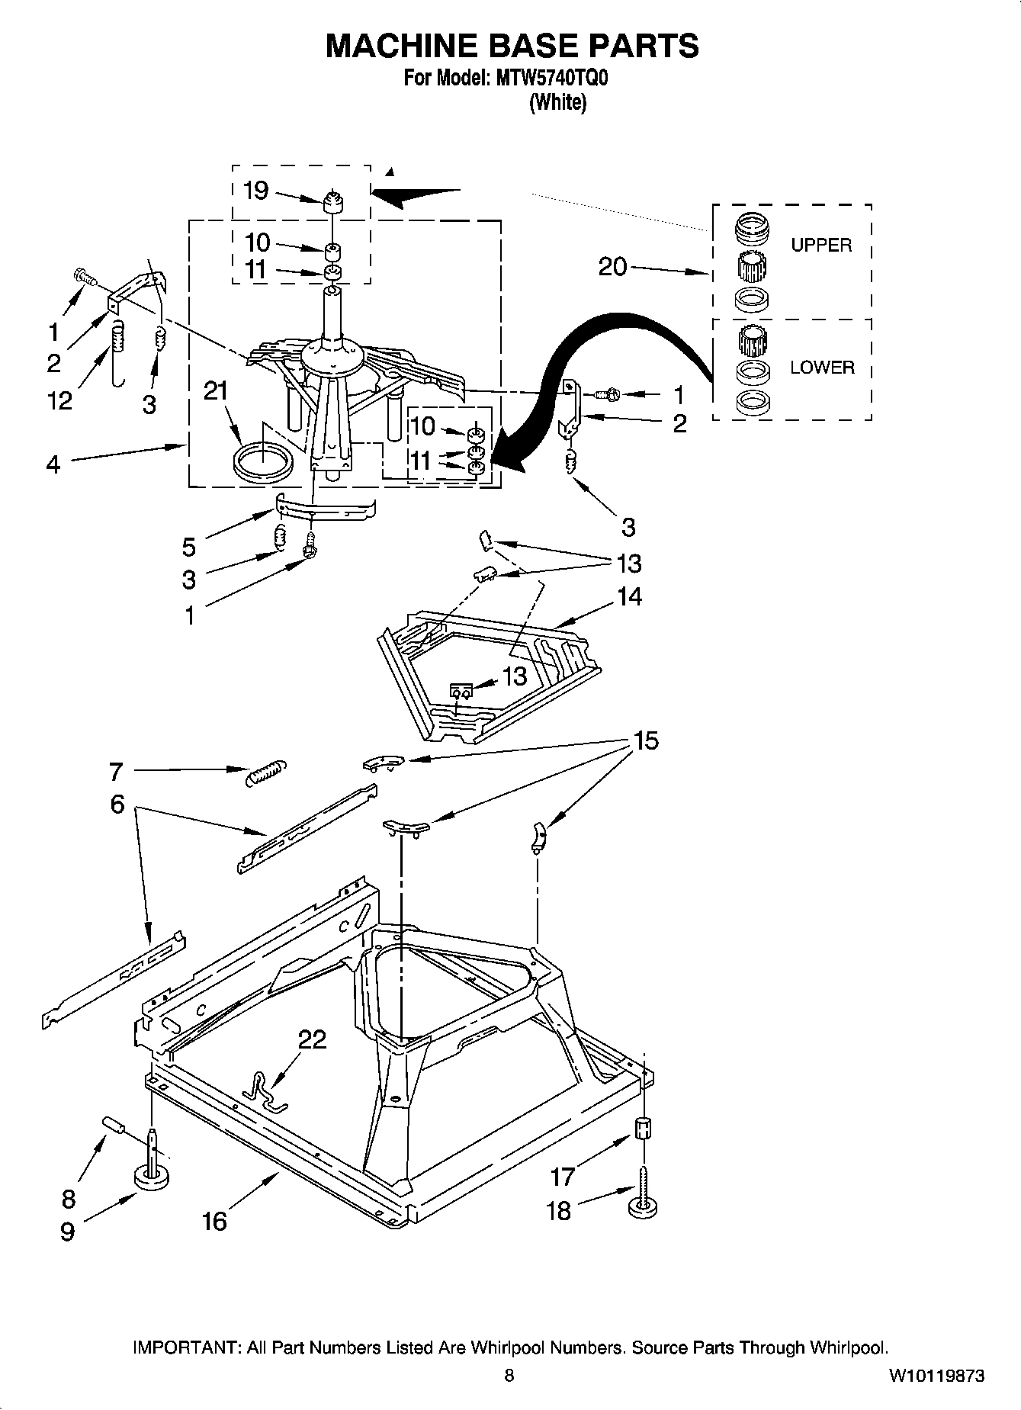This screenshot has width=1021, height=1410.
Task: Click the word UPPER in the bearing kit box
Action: click(820, 246)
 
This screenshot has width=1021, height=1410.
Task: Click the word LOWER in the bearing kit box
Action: click(821, 368)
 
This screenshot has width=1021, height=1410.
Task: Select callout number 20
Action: click(612, 267)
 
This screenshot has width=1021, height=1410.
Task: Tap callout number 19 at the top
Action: click(255, 190)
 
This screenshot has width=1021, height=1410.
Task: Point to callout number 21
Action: click(216, 391)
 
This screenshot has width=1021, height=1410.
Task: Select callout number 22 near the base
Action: click(311, 1039)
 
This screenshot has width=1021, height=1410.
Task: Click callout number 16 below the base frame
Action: click(214, 1222)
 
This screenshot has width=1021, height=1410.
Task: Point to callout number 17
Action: click(562, 1177)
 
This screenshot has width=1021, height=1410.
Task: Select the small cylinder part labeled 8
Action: click(114, 1125)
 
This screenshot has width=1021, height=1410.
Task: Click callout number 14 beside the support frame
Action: click(629, 596)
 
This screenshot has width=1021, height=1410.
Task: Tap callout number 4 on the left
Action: click(53, 464)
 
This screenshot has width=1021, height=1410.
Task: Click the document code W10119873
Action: click(936, 1376)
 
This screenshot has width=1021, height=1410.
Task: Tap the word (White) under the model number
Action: click(557, 102)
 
